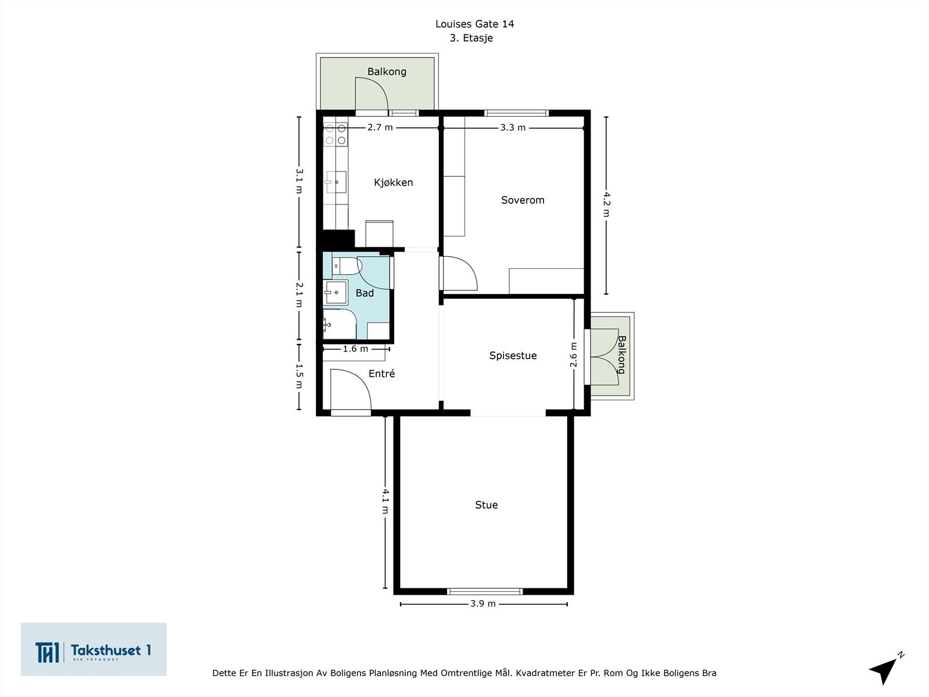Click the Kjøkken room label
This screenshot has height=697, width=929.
click(x=393, y=182)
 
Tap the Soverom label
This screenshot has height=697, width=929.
click(x=523, y=200)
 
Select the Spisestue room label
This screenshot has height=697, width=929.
click(x=513, y=355)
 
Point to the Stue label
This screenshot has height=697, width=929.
click(x=487, y=505)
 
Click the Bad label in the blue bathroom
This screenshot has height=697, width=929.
click(x=365, y=293)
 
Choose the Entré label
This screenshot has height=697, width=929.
click(x=381, y=373)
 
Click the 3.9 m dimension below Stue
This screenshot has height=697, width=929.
click(x=483, y=603)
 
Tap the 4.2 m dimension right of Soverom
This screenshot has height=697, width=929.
click(x=607, y=204)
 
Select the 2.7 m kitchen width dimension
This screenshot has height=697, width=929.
click(x=380, y=127)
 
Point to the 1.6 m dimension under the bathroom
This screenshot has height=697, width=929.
click(x=355, y=348)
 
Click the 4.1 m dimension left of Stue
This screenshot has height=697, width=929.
click(x=386, y=501)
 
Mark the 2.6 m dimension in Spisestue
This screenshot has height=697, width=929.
click(x=574, y=355)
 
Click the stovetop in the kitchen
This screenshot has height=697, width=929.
click(x=336, y=134)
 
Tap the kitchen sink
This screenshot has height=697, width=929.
click(x=336, y=182)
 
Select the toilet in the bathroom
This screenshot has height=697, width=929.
click(x=347, y=266)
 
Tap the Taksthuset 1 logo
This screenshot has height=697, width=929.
click(x=93, y=649)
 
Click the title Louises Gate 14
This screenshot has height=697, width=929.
click(x=474, y=24)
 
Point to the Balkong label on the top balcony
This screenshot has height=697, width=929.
click(x=387, y=71)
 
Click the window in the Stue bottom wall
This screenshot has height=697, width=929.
click(x=485, y=591)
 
